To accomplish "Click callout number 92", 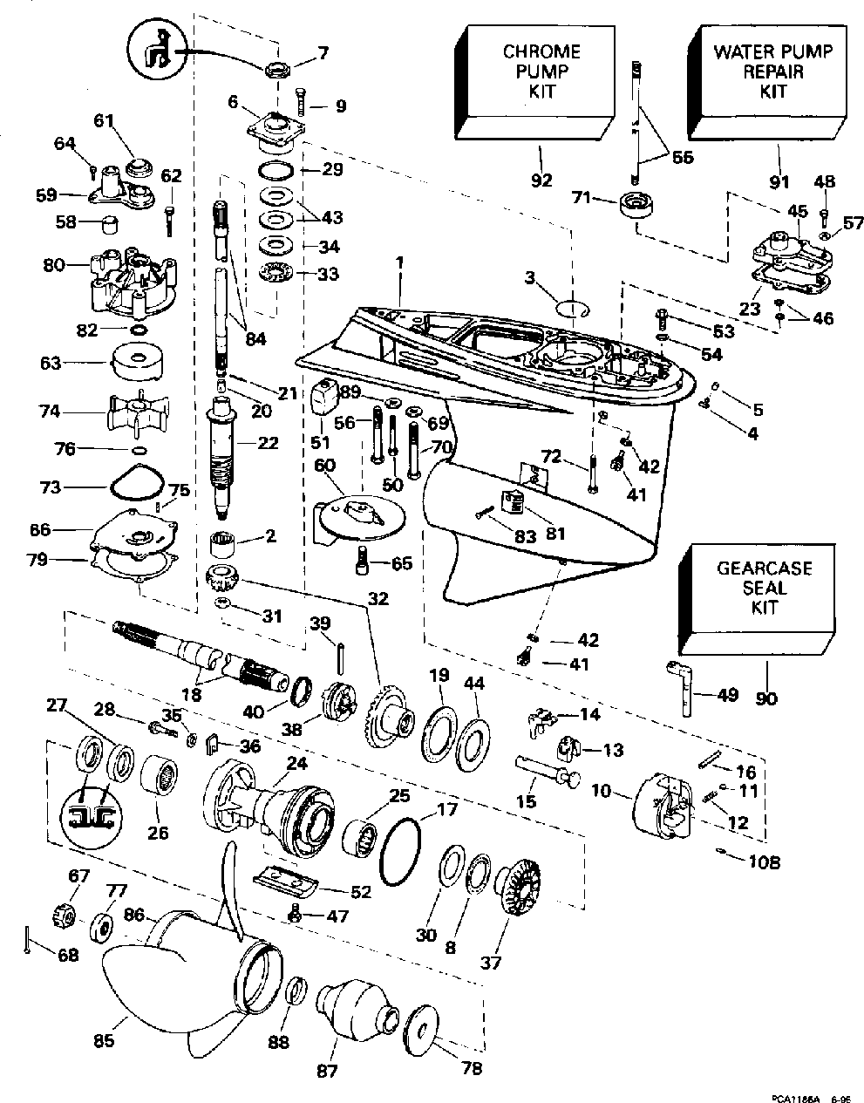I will click(541, 181).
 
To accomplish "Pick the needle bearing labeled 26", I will click(160, 774).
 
